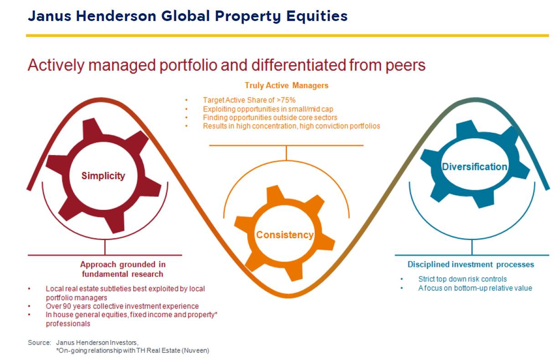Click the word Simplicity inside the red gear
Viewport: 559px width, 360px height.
pyautogui.click(x=103, y=176)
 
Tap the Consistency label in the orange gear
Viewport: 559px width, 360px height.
pyautogui.click(x=285, y=235)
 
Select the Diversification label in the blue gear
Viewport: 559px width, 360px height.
pyautogui.click(x=474, y=167)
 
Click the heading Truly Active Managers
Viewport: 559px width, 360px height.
pyautogui.click(x=286, y=85)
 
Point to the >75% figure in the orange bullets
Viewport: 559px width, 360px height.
pyautogui.click(x=286, y=100)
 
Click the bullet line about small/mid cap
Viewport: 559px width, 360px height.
pyautogui.click(x=268, y=109)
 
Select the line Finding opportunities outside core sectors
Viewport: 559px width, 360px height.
pyautogui.click(x=270, y=118)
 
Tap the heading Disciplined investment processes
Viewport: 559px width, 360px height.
pyautogui.click(x=471, y=264)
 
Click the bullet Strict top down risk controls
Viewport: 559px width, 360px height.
pyautogui.click(x=462, y=279)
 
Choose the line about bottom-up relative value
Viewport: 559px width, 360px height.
pyautogui.click(x=475, y=288)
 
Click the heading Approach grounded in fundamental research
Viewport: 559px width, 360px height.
pyautogui.click(x=123, y=269)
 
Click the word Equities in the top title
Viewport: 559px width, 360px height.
pyautogui.click(x=317, y=16)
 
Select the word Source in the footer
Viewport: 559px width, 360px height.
pyautogui.click(x=39, y=343)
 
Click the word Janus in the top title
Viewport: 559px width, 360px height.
pyautogui.click(x=49, y=16)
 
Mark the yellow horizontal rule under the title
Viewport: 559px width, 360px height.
pyautogui.click(x=288, y=36)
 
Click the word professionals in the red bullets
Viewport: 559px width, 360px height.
pyautogui.click(x=68, y=324)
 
